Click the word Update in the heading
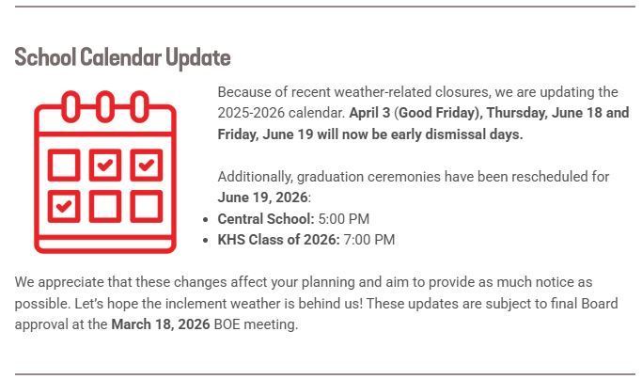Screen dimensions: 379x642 (197, 58)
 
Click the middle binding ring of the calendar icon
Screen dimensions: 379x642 (105, 106)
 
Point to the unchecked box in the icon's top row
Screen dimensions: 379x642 (64, 166)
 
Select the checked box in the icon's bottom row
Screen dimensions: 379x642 (64, 206)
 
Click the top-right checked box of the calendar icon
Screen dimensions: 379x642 (146, 166)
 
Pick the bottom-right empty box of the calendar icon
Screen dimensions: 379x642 (146, 206)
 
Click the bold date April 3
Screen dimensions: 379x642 (369, 114)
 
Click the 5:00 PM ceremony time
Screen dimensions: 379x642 (343, 219)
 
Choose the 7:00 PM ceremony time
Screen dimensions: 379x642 (368, 240)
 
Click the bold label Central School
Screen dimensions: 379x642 (265, 219)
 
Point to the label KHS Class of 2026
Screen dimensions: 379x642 (278, 240)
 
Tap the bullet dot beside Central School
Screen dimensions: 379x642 (206, 220)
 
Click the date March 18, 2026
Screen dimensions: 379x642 (160, 325)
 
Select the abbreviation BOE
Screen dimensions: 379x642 (228, 325)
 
